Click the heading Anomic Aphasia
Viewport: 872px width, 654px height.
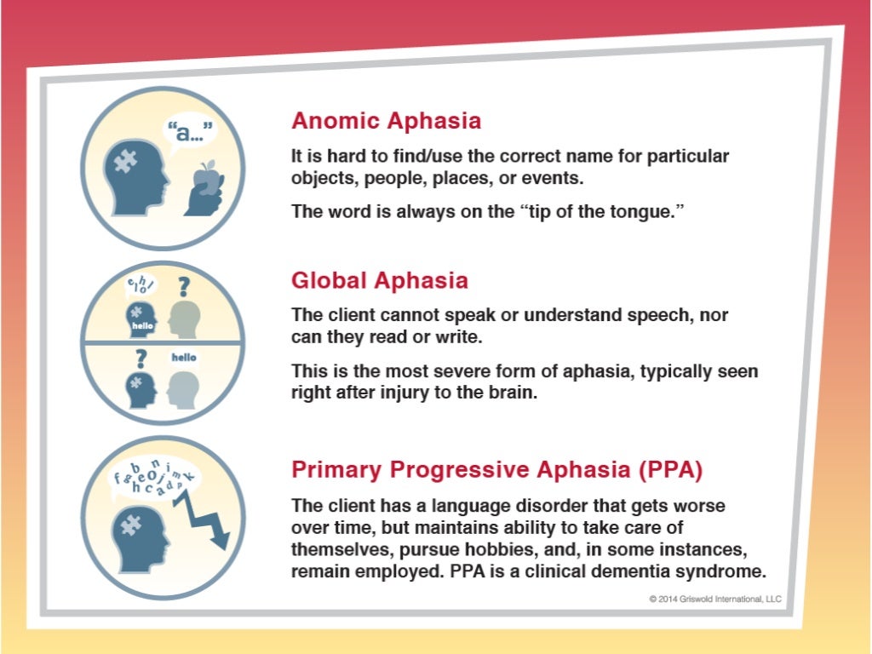pyautogui.click(x=386, y=121)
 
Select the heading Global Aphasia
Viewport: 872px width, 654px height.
pyautogui.click(x=379, y=280)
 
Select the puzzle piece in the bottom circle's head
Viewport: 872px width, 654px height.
pyautogui.click(x=130, y=527)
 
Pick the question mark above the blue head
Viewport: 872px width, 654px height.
pyautogui.click(x=140, y=359)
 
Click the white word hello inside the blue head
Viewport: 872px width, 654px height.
pyautogui.click(x=141, y=325)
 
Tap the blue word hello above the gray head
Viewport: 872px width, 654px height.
pyautogui.click(x=183, y=358)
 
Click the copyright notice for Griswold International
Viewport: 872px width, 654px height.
pyautogui.click(x=714, y=599)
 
